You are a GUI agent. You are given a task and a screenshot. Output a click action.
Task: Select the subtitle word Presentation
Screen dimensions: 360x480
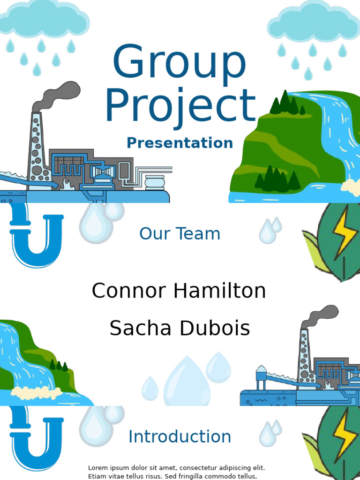tap(180, 143)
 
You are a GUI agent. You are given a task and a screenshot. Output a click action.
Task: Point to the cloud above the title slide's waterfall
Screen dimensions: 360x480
tap(314, 22)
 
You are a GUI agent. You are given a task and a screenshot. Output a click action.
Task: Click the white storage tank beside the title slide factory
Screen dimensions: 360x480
tap(155, 182)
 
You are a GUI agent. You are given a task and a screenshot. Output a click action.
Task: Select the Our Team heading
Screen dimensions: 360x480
tap(180, 234)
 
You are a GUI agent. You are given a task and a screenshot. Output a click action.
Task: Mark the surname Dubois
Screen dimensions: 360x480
tap(215, 328)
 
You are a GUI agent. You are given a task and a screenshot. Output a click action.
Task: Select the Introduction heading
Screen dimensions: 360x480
tap(180, 436)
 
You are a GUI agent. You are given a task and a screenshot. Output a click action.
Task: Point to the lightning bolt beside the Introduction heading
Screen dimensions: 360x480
tap(345, 435)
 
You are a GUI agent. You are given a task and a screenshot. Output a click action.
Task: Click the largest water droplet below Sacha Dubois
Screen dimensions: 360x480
tap(187, 381)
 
